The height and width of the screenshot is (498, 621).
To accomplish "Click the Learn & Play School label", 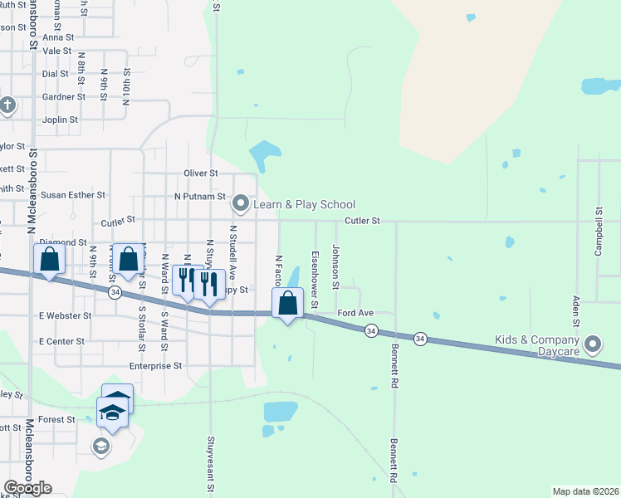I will [306, 204].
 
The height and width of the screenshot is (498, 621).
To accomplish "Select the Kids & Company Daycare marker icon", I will [593, 344].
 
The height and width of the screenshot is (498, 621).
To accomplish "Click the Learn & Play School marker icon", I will [241, 203].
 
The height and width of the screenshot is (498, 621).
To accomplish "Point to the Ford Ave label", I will [356, 313].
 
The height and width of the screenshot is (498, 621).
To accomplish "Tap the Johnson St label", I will [335, 266].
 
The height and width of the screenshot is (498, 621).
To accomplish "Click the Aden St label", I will [575, 310].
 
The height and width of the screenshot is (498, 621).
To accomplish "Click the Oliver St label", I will [201, 173].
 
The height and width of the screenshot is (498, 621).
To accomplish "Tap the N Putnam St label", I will [199, 197].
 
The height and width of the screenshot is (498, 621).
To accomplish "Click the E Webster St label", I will [65, 316].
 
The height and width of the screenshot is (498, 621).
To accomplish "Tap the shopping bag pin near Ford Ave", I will [287, 304].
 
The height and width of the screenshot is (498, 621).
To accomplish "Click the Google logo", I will [27, 488].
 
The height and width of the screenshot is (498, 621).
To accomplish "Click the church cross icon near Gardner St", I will [7, 105].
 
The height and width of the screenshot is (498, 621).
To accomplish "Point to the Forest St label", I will [56, 420].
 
